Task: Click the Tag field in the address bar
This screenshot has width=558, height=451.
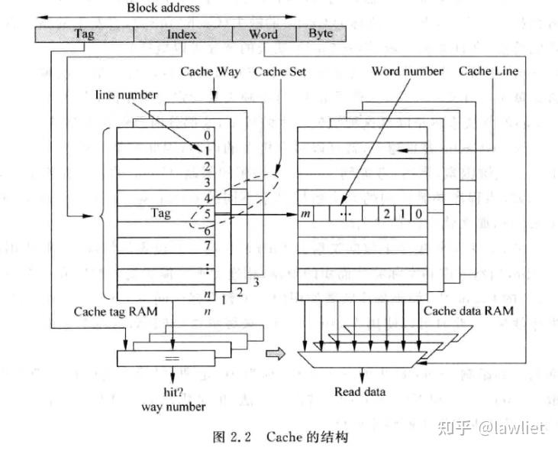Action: click(84, 34)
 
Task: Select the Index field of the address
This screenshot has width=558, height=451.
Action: click(182, 34)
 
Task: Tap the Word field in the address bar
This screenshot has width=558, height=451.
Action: click(263, 34)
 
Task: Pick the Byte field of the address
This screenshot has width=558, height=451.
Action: click(320, 34)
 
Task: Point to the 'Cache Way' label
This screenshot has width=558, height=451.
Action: click(210, 72)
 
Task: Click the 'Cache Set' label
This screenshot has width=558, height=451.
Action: click(279, 72)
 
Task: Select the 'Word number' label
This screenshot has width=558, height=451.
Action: click(407, 72)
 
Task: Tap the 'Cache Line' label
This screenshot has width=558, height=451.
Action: click(489, 71)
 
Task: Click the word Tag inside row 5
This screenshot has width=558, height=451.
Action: click(161, 213)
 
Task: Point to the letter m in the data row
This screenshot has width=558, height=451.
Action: click(305, 213)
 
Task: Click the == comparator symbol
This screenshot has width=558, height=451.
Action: click(172, 356)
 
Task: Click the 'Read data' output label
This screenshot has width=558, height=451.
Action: click(360, 392)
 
